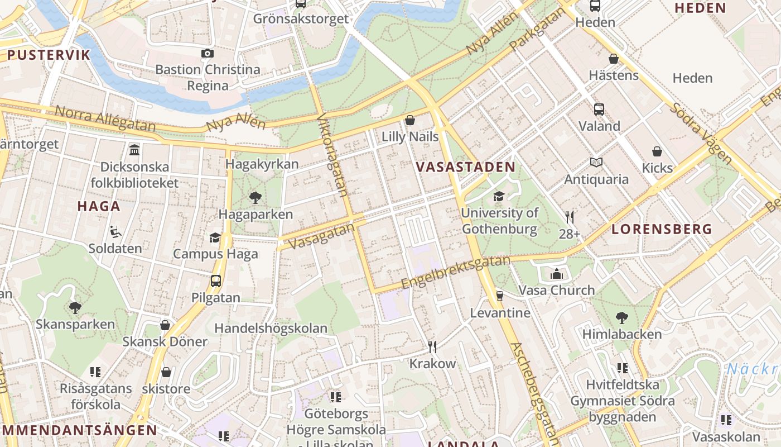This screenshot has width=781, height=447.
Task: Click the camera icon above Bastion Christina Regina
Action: pyautogui.click(x=208, y=53)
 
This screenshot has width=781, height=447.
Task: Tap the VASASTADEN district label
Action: pyautogui.click(x=465, y=167)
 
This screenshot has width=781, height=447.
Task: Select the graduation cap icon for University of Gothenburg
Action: pyautogui.click(x=499, y=196)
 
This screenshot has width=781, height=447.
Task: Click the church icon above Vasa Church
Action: pyautogui.click(x=556, y=274)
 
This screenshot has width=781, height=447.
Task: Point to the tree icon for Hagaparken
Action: pyautogui.click(x=255, y=197)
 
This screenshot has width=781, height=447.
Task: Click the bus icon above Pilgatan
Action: pyautogui.click(x=216, y=281)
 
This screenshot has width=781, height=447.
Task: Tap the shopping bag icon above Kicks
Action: pyautogui.click(x=657, y=151)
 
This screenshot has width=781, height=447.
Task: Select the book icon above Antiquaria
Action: pyautogui.click(x=596, y=163)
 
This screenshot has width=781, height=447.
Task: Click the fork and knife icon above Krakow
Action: pyautogui.click(x=432, y=347)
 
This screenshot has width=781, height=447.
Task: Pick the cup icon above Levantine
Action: pyautogui.click(x=500, y=296)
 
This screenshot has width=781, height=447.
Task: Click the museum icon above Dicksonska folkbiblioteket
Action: pyautogui.click(x=134, y=150)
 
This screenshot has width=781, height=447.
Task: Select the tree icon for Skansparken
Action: pyautogui.click(x=75, y=307)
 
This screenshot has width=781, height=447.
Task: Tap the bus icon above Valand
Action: pyautogui.click(x=599, y=109)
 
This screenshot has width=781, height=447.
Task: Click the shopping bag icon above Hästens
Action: pyautogui.click(x=614, y=59)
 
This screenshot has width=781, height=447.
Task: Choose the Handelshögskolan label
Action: pyautogui.click(x=271, y=328)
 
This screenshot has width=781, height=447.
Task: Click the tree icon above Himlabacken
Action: pyautogui.click(x=622, y=317)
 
